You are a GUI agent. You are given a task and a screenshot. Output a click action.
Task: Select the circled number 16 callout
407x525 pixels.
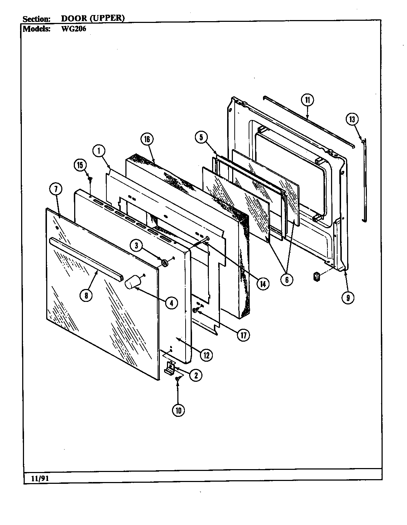click(x=147, y=140)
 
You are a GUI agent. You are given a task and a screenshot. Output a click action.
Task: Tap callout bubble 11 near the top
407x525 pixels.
click(x=307, y=100)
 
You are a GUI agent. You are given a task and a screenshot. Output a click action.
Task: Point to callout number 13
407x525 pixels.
click(x=352, y=119)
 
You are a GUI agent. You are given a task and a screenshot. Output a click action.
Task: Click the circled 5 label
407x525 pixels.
click(x=201, y=137)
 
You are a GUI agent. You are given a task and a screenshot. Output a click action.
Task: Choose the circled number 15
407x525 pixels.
click(x=80, y=165)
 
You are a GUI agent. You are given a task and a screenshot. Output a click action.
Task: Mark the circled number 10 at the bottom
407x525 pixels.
click(x=178, y=410)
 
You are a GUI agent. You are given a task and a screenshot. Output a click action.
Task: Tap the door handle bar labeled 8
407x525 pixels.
click(x=86, y=258)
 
